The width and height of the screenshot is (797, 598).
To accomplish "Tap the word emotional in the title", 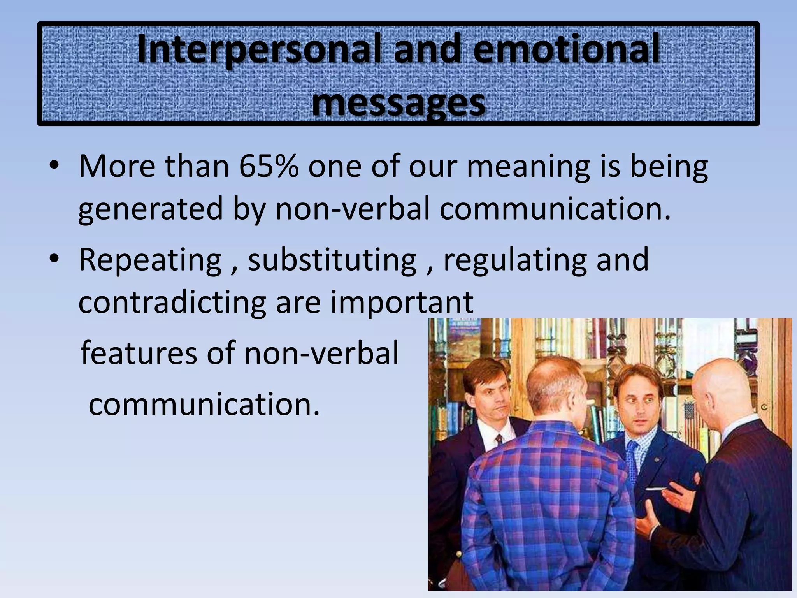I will pyautogui.click(x=567, y=49).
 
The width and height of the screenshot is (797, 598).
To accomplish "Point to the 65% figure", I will pyautogui.click(x=269, y=167).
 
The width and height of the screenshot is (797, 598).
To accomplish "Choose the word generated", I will pyautogui.click(x=150, y=209).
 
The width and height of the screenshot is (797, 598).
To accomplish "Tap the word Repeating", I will pyautogui.click(x=150, y=260).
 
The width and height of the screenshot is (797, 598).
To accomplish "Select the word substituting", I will pyautogui.click(x=332, y=260).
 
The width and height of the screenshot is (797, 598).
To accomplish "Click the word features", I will pyautogui.click(x=139, y=353).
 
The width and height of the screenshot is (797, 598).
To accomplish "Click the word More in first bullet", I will pyautogui.click(x=117, y=167).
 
